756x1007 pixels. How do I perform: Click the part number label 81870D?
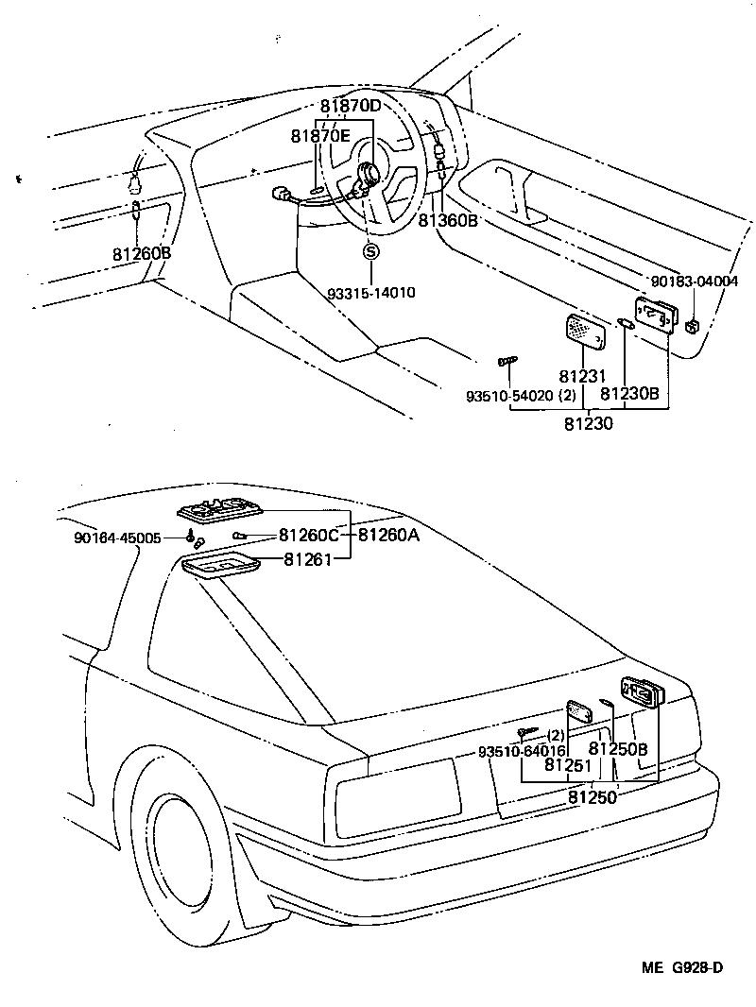[x=350, y=106]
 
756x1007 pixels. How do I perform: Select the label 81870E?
[x=320, y=136]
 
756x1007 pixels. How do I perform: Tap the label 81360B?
[x=448, y=219]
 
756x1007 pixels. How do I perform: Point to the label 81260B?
[x=142, y=253]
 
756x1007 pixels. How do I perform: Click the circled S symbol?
[x=371, y=250]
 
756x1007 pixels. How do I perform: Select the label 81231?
[x=581, y=375]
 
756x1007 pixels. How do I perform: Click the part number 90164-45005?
[x=129, y=538]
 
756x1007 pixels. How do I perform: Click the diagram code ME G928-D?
[x=683, y=967]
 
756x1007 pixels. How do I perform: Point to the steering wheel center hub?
[x=369, y=174]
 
